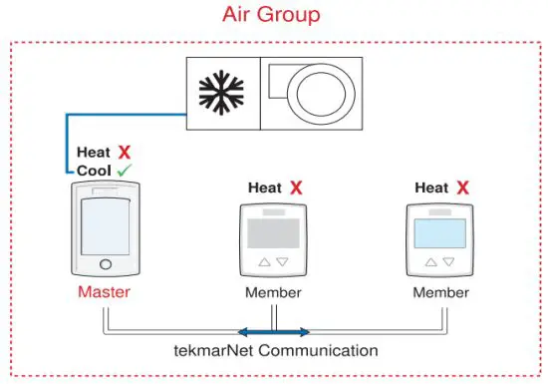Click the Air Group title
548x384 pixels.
tap(273, 15)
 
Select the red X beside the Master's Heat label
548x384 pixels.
tap(125, 153)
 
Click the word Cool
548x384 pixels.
tap(94, 171)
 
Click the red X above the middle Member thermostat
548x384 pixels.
tap(297, 188)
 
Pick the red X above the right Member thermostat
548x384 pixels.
tap(463, 188)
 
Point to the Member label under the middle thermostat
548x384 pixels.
tap(273, 293)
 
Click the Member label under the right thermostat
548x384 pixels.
tap(440, 293)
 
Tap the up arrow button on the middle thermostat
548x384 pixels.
tap(264, 262)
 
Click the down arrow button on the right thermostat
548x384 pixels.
tap(449, 262)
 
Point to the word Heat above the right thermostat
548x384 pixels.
tap(431, 188)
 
